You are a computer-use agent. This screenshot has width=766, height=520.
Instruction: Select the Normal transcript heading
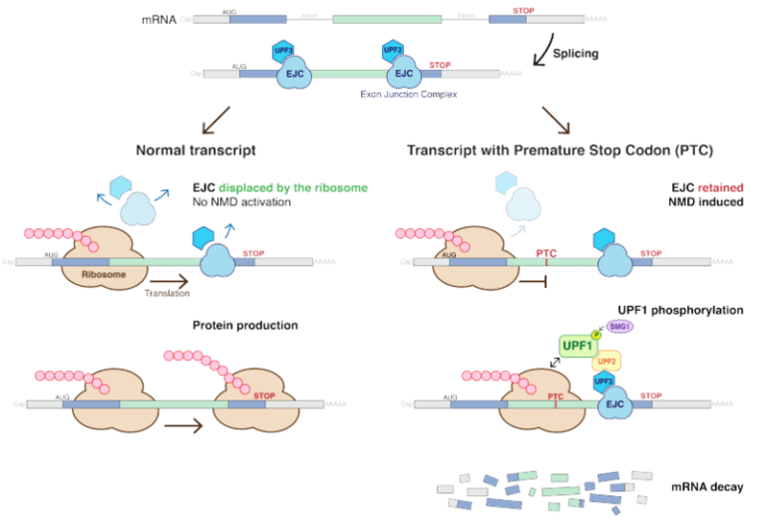[x=195, y=150]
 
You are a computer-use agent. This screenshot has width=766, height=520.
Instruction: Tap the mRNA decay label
[x=701, y=486]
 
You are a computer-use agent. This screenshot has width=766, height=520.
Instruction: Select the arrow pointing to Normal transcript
[x=216, y=123]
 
